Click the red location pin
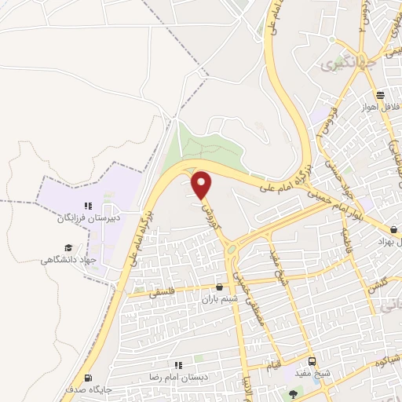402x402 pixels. pos(202,185)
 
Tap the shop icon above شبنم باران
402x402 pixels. pos(218,287)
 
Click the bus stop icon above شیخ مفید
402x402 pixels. pos(312,361)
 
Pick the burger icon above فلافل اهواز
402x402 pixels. pos(380,95)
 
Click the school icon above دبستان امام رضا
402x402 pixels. pos(178,365)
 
